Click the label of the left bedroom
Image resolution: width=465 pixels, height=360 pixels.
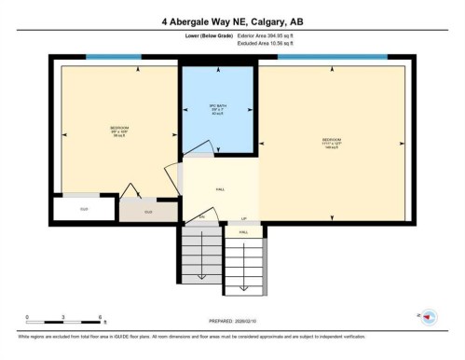click(x=119, y=131)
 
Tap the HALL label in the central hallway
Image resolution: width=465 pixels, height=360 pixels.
click(x=220, y=188)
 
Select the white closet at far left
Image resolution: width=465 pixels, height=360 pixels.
click(x=83, y=208)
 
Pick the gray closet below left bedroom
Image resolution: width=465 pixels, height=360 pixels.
click(x=147, y=211)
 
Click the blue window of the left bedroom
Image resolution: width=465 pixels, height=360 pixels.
click(x=114, y=58)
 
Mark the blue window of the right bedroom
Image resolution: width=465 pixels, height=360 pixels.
click(x=332, y=58)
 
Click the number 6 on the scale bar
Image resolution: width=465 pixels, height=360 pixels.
click(x=99, y=317)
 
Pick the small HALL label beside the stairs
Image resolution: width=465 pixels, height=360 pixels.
click(x=244, y=230)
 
